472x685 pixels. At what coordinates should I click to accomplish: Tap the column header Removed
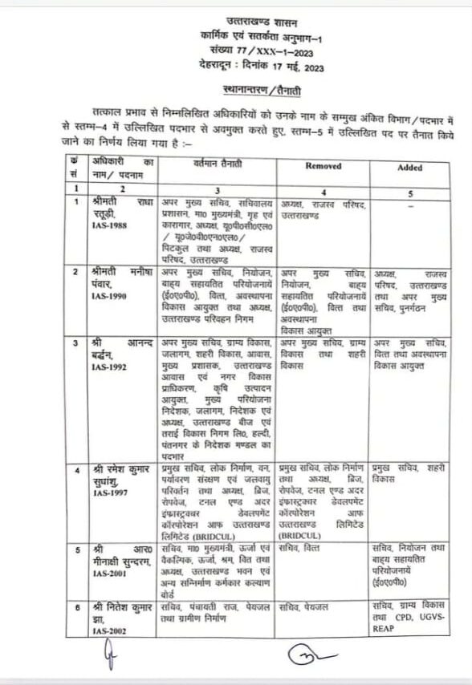[x=323, y=166]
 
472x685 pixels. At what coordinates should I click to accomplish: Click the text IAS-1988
[x=106, y=227]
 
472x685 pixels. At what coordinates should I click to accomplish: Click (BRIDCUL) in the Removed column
[x=300, y=533]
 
